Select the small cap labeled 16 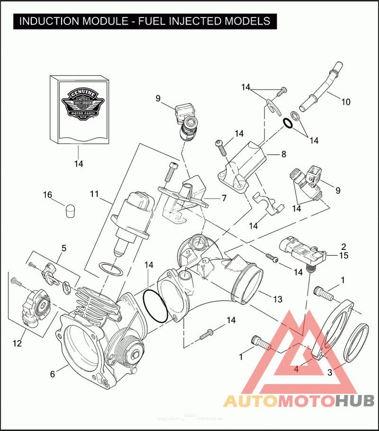[70, 210]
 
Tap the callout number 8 [284, 154]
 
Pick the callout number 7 [224, 198]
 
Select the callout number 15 [343, 255]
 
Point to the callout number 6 [53, 374]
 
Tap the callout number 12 [17, 343]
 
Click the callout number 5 [64, 248]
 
